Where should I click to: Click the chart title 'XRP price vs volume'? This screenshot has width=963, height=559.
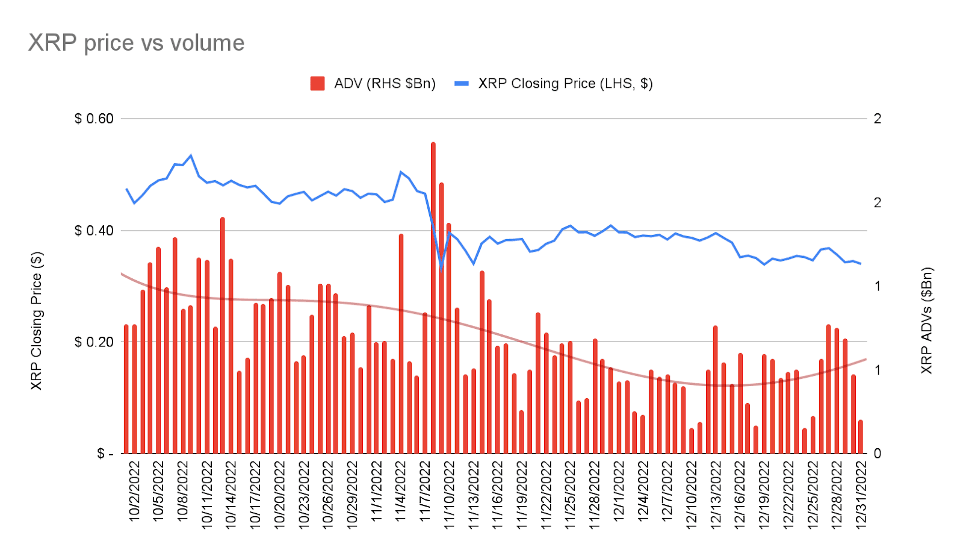click(137, 43)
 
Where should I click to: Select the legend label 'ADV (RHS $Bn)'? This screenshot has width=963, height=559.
click(385, 84)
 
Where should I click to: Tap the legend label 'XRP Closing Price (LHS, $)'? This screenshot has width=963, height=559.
click(565, 84)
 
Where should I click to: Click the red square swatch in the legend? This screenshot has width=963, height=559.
click(317, 84)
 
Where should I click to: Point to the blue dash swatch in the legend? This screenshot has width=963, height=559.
click(461, 84)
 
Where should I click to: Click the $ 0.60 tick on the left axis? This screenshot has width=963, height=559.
click(94, 119)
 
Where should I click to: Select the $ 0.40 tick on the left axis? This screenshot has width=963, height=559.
click(94, 231)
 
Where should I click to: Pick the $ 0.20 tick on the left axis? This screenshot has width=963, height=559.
click(94, 342)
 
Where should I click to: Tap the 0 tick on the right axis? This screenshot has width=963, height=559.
click(877, 453)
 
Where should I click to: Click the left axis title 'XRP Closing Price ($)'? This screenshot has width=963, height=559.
click(37, 321)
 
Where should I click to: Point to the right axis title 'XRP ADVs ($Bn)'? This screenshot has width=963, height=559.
click(926, 321)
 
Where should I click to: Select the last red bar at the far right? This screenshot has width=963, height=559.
click(861, 437)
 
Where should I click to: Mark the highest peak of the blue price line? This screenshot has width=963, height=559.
click(191, 155)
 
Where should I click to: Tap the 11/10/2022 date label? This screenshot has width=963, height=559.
click(450, 495)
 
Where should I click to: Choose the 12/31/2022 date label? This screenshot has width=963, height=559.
click(861, 495)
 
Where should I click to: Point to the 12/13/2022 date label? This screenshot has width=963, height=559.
click(716, 495)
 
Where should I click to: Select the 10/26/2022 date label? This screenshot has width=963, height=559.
click(328, 495)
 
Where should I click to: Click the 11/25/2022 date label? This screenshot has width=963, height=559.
click(570, 495)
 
